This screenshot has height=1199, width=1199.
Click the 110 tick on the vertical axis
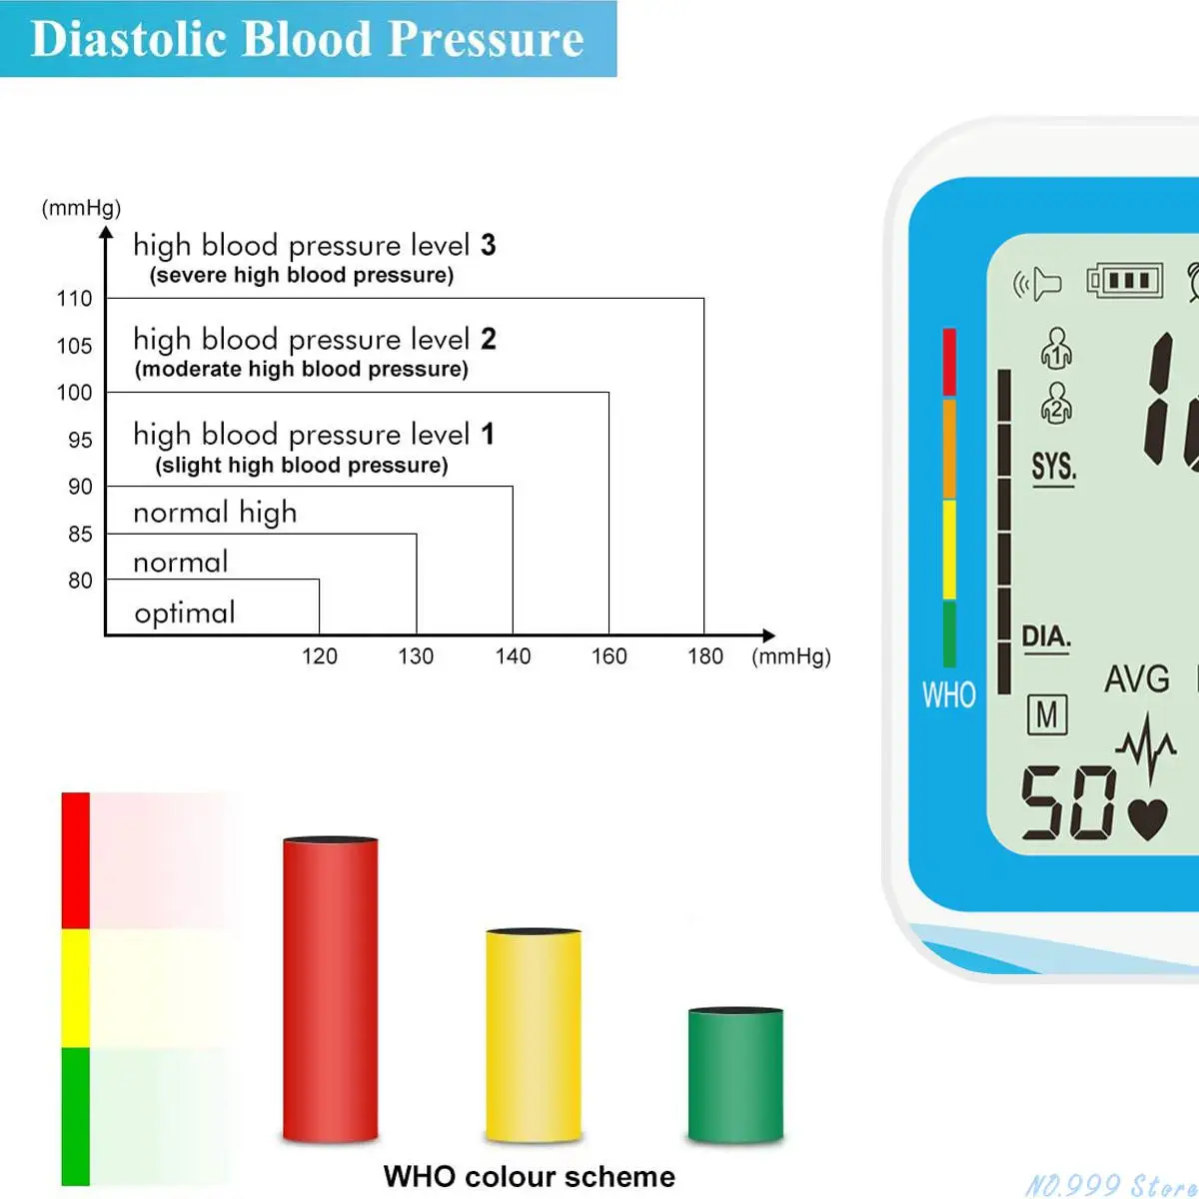(75, 299)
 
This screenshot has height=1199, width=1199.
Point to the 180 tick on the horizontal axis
(705, 656)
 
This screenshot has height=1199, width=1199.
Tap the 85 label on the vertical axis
(80, 535)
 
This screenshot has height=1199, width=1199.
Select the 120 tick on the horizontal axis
(320, 656)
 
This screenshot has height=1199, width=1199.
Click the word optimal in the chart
(185, 612)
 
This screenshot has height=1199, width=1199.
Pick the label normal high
(215, 513)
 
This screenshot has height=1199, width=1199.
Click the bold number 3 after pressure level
(488, 245)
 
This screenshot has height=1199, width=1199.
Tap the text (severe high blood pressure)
(302, 276)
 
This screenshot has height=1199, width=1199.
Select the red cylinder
(331, 989)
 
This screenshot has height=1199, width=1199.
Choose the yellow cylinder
(534, 1035)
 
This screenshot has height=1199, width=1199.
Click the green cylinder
(735, 1075)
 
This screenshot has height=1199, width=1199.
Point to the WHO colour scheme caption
(529, 1176)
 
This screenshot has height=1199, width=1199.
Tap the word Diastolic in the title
(130, 39)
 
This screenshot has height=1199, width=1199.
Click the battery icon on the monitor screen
(1125, 281)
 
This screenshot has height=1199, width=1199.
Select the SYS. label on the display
(1053, 467)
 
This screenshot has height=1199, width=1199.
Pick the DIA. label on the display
(1046, 636)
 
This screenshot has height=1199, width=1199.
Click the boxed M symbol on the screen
(1047, 714)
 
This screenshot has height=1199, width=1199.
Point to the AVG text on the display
(1137, 679)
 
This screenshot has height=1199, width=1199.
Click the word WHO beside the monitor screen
(948, 694)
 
